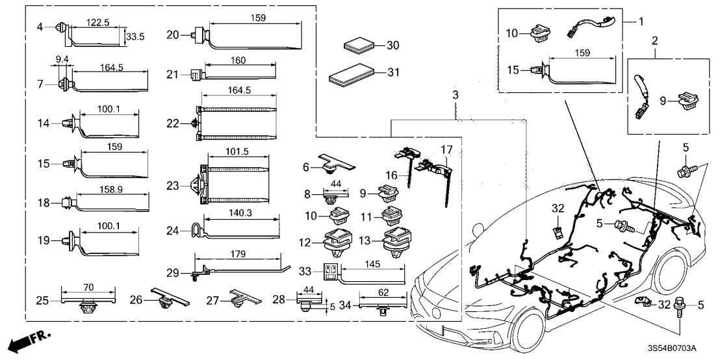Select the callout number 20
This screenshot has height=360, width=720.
click(172, 34)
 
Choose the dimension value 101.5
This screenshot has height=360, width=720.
click(237, 151)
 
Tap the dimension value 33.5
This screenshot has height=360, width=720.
click(135, 37)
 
